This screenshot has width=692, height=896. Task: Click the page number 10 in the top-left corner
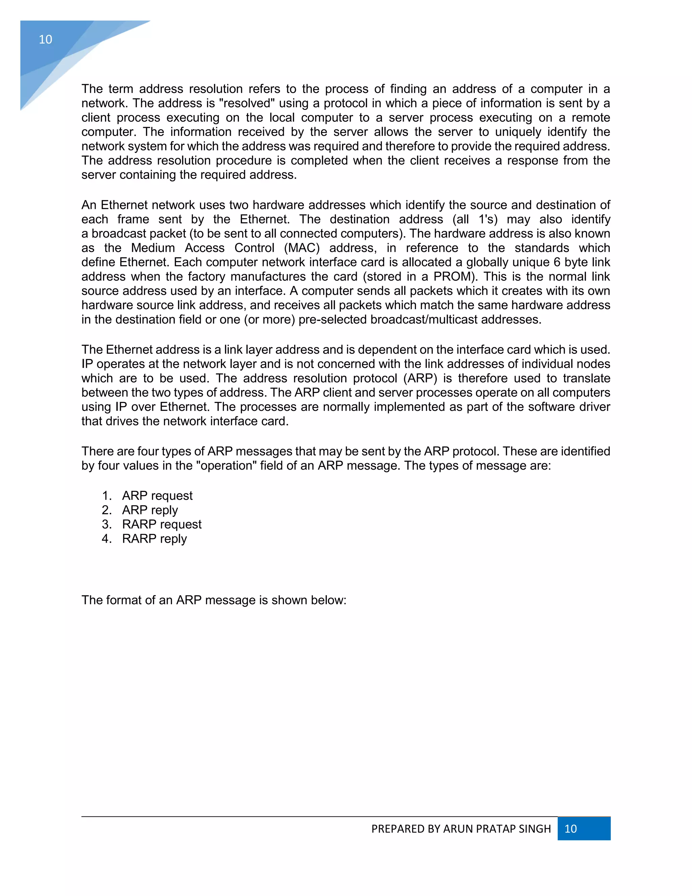[x=46, y=39]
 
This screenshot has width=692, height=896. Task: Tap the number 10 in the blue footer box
[x=571, y=828]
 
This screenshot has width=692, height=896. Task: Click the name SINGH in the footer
[x=535, y=829]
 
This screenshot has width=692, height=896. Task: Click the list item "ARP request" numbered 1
[x=157, y=496]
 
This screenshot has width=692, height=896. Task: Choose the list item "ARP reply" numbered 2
[x=150, y=510]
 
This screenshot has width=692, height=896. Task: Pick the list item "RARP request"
[x=162, y=524]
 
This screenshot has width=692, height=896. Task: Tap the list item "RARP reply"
[x=154, y=539]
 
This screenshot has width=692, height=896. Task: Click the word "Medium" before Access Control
[x=153, y=248]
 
